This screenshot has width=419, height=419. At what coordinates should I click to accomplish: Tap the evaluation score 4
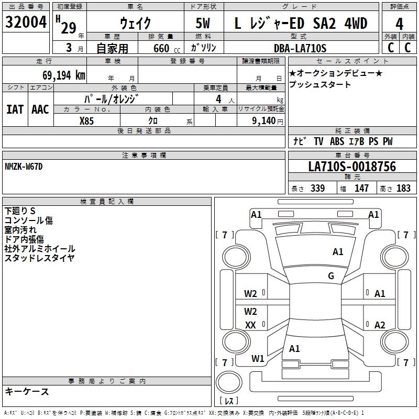point(399,24)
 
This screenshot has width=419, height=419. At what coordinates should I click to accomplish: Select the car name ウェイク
point(135,23)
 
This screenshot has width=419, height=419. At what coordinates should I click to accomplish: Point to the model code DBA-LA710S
point(300,48)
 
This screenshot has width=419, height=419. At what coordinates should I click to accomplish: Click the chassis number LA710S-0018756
point(352,167)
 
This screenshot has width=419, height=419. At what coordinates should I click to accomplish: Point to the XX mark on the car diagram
point(250,325)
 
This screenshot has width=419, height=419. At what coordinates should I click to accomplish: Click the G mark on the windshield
point(331,276)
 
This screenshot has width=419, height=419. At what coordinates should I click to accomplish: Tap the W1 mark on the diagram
point(257,359)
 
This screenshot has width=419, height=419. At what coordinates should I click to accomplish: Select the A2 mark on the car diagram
point(380,325)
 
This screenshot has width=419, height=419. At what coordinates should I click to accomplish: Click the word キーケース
point(27,391)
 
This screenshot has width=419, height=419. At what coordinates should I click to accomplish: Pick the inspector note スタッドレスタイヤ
point(39,258)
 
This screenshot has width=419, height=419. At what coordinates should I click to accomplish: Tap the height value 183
point(403,189)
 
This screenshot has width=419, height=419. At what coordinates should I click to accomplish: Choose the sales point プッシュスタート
point(320,84)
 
